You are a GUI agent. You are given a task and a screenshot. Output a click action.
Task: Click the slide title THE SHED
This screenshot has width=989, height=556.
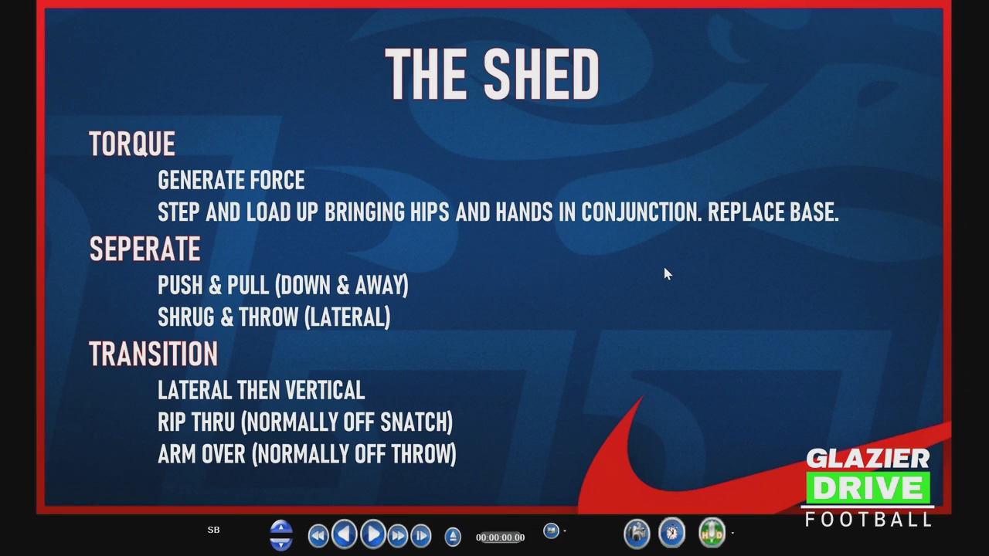click(x=492, y=73)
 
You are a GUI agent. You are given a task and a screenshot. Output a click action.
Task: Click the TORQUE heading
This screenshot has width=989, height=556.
click(x=132, y=144)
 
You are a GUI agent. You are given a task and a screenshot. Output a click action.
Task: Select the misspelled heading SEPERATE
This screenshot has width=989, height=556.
click(x=144, y=249)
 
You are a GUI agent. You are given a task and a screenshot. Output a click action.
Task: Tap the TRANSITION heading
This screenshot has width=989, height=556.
click(x=153, y=354)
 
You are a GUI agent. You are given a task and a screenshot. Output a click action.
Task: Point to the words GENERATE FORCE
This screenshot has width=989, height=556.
click(x=231, y=180)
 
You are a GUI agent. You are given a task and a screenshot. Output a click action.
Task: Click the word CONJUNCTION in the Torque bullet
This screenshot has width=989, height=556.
click(x=641, y=212)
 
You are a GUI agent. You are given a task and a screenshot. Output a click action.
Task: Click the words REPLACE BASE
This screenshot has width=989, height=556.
click(x=773, y=212)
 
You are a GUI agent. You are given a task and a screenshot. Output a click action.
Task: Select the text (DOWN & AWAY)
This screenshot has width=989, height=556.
click(x=342, y=285)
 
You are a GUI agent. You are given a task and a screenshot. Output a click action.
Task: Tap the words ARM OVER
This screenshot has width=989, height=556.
click(x=202, y=454)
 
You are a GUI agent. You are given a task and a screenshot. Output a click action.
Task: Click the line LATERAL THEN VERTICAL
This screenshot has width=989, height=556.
click(x=261, y=390)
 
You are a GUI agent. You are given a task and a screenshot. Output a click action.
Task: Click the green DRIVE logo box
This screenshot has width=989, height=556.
click(x=868, y=488)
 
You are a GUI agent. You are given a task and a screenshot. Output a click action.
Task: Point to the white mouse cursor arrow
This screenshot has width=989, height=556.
click(x=668, y=273)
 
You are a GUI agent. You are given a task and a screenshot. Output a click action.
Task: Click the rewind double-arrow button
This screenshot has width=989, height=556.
click(x=318, y=536)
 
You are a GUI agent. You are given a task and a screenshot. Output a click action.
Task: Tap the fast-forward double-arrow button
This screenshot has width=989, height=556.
click(x=398, y=536)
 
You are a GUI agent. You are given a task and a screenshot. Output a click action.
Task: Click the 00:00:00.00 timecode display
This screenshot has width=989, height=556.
click(x=500, y=537)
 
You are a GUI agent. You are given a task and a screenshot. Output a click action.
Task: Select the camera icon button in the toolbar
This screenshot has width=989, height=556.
click(x=637, y=534)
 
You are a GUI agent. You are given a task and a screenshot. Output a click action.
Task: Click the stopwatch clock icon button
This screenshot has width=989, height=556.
click(x=671, y=533)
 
